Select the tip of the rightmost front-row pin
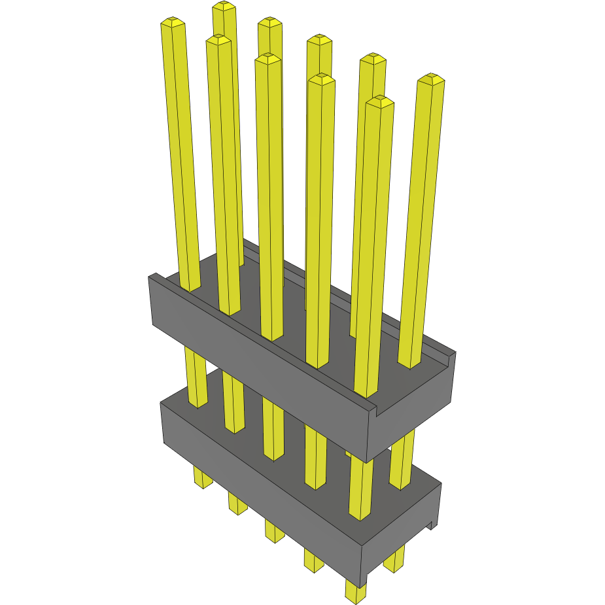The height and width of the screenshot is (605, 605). [379, 101]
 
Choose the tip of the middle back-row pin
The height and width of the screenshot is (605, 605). [319, 40]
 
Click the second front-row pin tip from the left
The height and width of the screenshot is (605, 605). [218, 41]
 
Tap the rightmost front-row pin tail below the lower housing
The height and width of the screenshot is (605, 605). [356, 592]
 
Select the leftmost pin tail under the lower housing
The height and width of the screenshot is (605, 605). [203, 479]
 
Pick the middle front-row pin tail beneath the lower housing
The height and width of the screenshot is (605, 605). [275, 531]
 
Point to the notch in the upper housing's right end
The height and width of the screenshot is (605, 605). [377, 411]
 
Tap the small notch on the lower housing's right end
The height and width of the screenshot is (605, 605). [431, 524]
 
